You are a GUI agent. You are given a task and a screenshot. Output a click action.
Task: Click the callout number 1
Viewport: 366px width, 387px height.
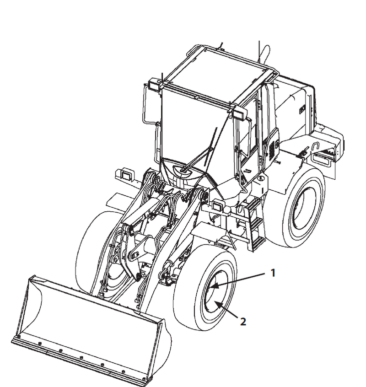[x=273, y=273]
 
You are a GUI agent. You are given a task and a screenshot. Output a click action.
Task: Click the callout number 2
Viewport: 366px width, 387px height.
[x=243, y=322]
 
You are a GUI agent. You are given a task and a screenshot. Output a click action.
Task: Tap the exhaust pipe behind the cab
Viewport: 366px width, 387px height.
[x=263, y=55]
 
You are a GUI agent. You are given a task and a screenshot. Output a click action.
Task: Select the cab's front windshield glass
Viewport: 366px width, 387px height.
[x=192, y=124]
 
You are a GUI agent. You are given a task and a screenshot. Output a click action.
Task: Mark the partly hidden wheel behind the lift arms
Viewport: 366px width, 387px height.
[x=94, y=242]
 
